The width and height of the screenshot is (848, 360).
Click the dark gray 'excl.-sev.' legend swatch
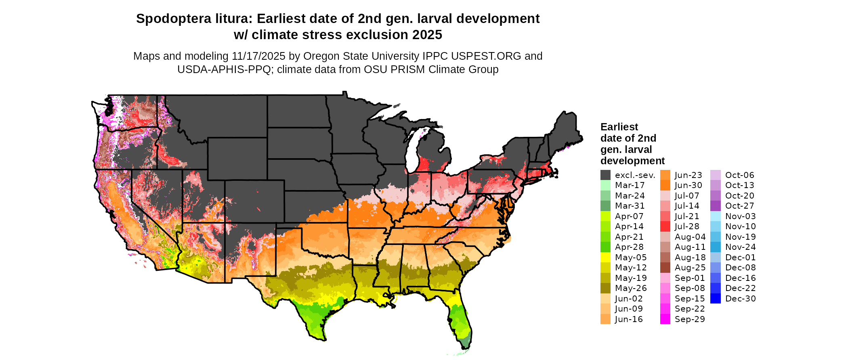pyautogui.click(x=605, y=175)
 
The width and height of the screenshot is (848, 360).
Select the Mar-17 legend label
pyautogui.click(x=630, y=185)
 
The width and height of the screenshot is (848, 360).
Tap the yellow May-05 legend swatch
pyautogui.click(x=605, y=257)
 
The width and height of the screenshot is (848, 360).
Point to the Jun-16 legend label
pyautogui.click(x=629, y=319)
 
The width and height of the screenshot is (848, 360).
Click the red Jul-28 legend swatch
pyautogui.click(x=665, y=226)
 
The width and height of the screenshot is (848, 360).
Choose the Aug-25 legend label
pyautogui.click(x=690, y=268)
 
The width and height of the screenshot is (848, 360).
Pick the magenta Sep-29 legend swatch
pyautogui.click(x=665, y=319)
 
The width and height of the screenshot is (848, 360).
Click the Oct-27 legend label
pyautogui.click(x=740, y=206)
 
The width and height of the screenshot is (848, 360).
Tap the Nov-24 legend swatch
pyautogui.click(x=716, y=247)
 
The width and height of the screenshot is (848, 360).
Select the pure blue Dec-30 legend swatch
pyautogui.click(x=716, y=299)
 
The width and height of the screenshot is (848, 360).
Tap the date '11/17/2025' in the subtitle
pyautogui.click(x=258, y=56)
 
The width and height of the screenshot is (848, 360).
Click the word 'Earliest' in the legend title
pyautogui.click(x=619, y=127)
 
